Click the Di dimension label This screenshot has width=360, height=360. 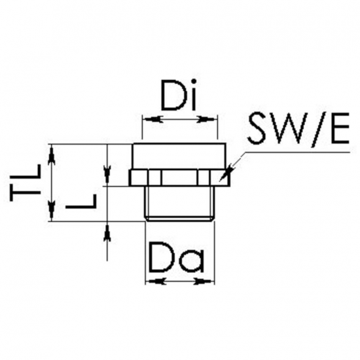[179, 95]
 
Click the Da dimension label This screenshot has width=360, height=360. [177, 257]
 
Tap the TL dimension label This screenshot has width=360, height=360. [26, 183]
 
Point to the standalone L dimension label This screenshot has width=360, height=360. [81, 201]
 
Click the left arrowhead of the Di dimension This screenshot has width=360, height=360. [153, 119]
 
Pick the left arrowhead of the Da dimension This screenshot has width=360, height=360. [156, 281]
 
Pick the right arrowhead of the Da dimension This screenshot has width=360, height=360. [204, 281]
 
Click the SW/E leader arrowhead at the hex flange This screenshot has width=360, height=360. [227, 172]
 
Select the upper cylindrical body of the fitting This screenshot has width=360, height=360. [179, 156]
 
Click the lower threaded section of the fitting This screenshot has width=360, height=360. [180, 204]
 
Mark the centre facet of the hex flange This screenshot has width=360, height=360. [179, 177]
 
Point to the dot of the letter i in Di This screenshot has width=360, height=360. [194, 81]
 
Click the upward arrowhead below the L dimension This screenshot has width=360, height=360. [107, 232]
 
